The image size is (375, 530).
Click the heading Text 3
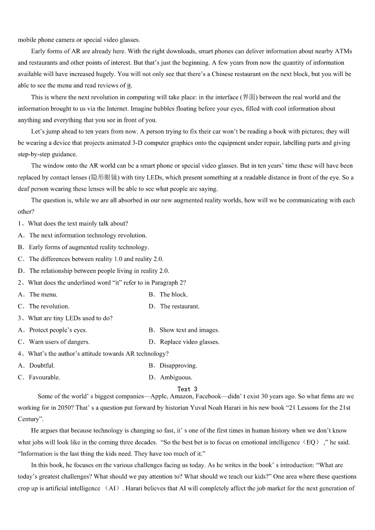(187, 389)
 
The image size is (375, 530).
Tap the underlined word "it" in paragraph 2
(129, 85)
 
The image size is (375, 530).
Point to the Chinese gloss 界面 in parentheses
(249, 97)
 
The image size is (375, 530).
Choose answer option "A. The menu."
(38, 294)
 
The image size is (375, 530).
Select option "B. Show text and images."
(184, 330)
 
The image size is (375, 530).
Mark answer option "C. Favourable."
(39, 377)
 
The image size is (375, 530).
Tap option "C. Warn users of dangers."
(54, 342)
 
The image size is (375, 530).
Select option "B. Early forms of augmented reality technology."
(83, 247)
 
